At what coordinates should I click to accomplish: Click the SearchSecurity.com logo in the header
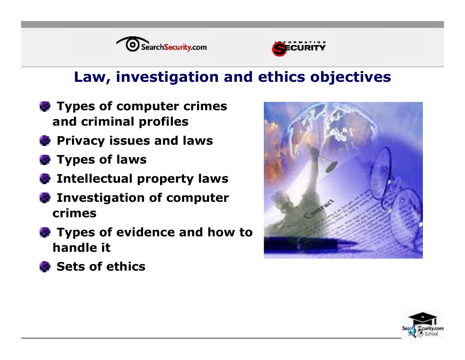point(162,46)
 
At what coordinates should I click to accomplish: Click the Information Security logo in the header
point(299,48)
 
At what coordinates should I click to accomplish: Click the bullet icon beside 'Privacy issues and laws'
point(45,141)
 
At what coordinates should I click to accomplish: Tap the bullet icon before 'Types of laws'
point(45,160)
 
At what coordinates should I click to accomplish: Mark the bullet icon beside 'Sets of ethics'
point(45,266)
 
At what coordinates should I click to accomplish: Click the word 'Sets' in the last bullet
point(70,266)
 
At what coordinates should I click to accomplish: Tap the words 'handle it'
point(82,248)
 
